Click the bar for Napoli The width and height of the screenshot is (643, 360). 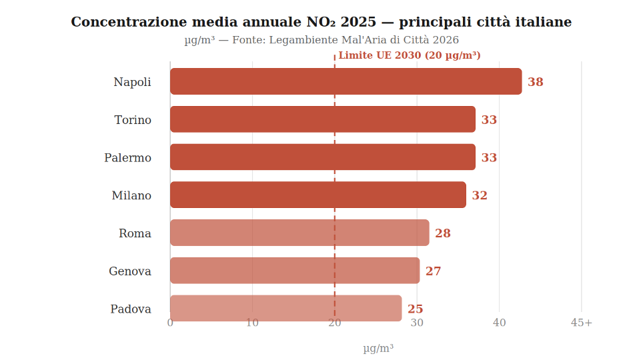pos(346,81)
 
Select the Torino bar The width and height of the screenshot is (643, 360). pos(323,119)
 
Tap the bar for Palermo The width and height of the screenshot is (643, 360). pos(323,157)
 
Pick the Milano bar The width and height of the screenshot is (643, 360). pos(318,195)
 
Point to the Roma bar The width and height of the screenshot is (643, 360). pos(299,233)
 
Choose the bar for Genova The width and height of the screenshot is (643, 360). pos(295,271)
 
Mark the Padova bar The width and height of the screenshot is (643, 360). pos(285,308)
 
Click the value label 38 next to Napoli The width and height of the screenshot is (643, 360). pos(535,82)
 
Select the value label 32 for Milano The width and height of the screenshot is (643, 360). pos(480,195)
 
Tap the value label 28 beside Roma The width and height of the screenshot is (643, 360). pos(443,233)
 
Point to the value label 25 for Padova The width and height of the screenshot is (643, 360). pos(415,309)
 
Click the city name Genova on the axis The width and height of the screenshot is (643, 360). pos(130,271)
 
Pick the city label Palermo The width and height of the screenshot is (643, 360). pos(127,158)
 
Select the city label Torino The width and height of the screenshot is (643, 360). pos(133,120)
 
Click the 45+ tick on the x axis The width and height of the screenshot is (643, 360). pos(581,323)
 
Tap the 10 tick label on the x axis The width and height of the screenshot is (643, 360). pos(252,323)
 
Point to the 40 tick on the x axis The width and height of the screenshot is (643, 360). pos(499,323)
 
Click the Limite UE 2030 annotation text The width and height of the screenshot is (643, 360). pos(410,55)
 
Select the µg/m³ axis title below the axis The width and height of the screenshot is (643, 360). pos(378,348)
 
